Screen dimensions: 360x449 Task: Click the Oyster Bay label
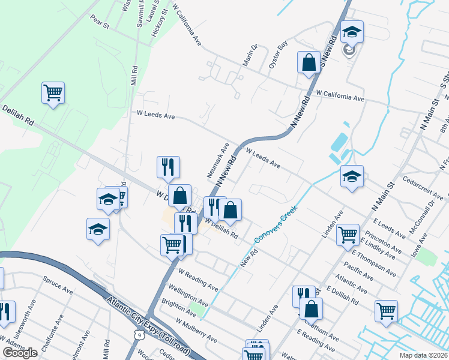click(x=278, y=55)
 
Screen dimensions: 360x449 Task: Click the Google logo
click(x=20, y=353)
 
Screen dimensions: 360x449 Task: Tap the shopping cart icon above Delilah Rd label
click(x=53, y=92)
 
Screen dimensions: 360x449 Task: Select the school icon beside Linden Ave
click(x=352, y=176)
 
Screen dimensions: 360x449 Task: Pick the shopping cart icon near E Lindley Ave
click(x=348, y=235)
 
